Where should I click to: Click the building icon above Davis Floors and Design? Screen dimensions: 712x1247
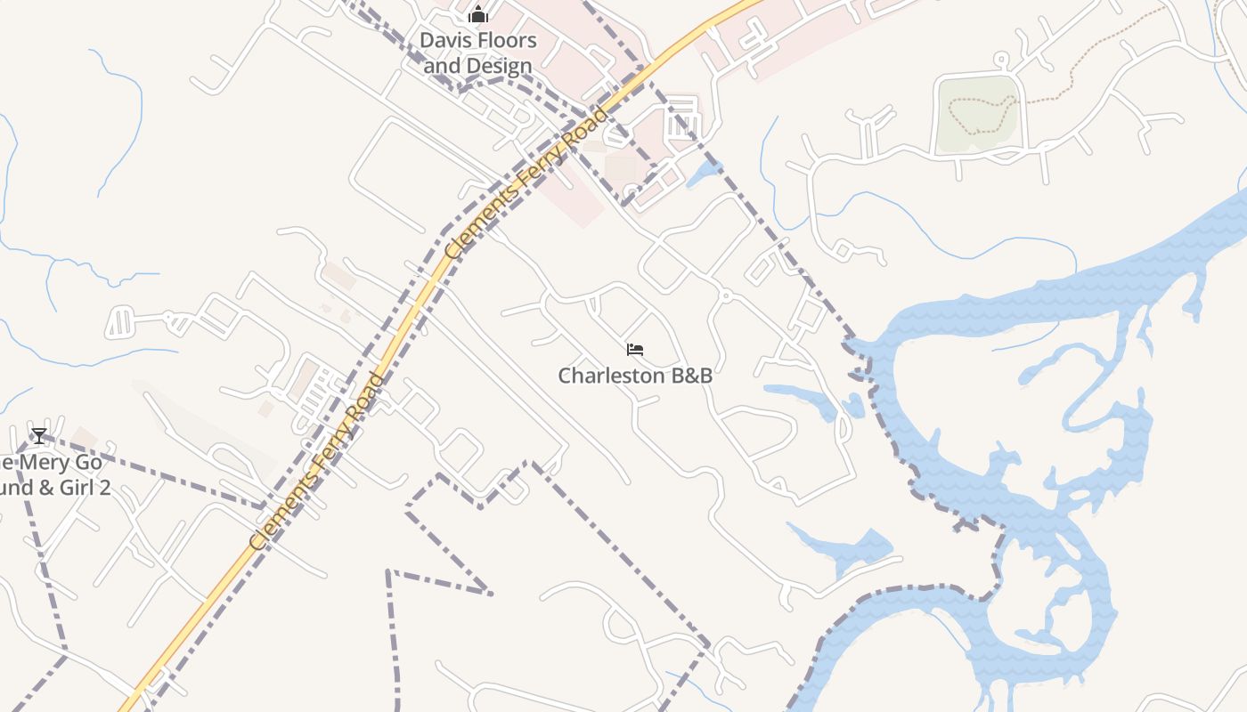[478, 14]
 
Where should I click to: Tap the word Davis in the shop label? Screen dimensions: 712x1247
[444, 40]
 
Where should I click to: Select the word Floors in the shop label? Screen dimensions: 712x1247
[504, 40]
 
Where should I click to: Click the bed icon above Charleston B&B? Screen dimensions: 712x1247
[635, 350]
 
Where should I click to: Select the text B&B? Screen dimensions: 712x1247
[692, 376]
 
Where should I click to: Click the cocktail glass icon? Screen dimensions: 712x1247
[38, 435]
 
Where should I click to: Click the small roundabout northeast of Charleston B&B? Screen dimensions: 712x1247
[725, 295]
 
